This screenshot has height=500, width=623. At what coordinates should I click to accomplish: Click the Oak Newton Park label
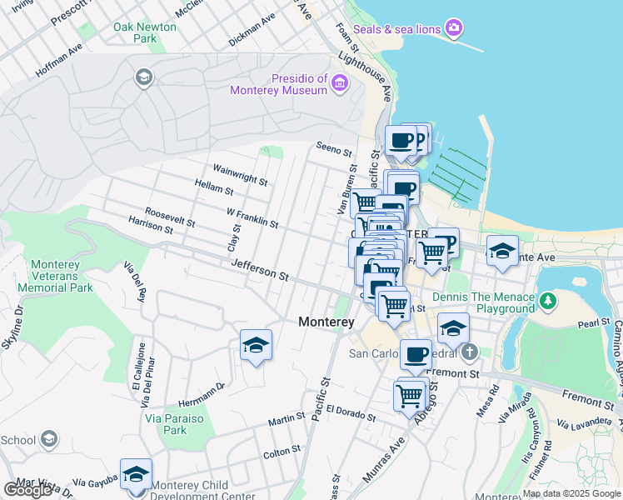tap(145, 32)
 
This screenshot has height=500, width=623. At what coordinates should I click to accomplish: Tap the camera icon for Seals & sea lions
tap(453, 29)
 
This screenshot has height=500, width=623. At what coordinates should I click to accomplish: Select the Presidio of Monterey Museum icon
tap(339, 82)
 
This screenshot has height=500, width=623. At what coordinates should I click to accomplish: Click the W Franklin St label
tap(252, 218)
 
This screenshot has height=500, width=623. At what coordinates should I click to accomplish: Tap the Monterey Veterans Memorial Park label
tap(55, 276)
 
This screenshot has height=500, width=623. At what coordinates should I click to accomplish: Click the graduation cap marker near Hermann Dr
tap(256, 345)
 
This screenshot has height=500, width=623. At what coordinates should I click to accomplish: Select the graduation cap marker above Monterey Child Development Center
tap(136, 474)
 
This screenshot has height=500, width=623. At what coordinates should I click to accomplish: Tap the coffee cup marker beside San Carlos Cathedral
tap(416, 354)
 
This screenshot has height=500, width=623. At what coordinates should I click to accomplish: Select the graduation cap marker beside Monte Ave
tap(502, 251)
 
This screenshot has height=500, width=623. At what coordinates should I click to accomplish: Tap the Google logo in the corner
tap(27, 490)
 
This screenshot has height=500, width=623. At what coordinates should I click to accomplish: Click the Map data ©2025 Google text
tap(571, 493)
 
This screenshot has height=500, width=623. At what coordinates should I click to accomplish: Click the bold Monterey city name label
tap(327, 322)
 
